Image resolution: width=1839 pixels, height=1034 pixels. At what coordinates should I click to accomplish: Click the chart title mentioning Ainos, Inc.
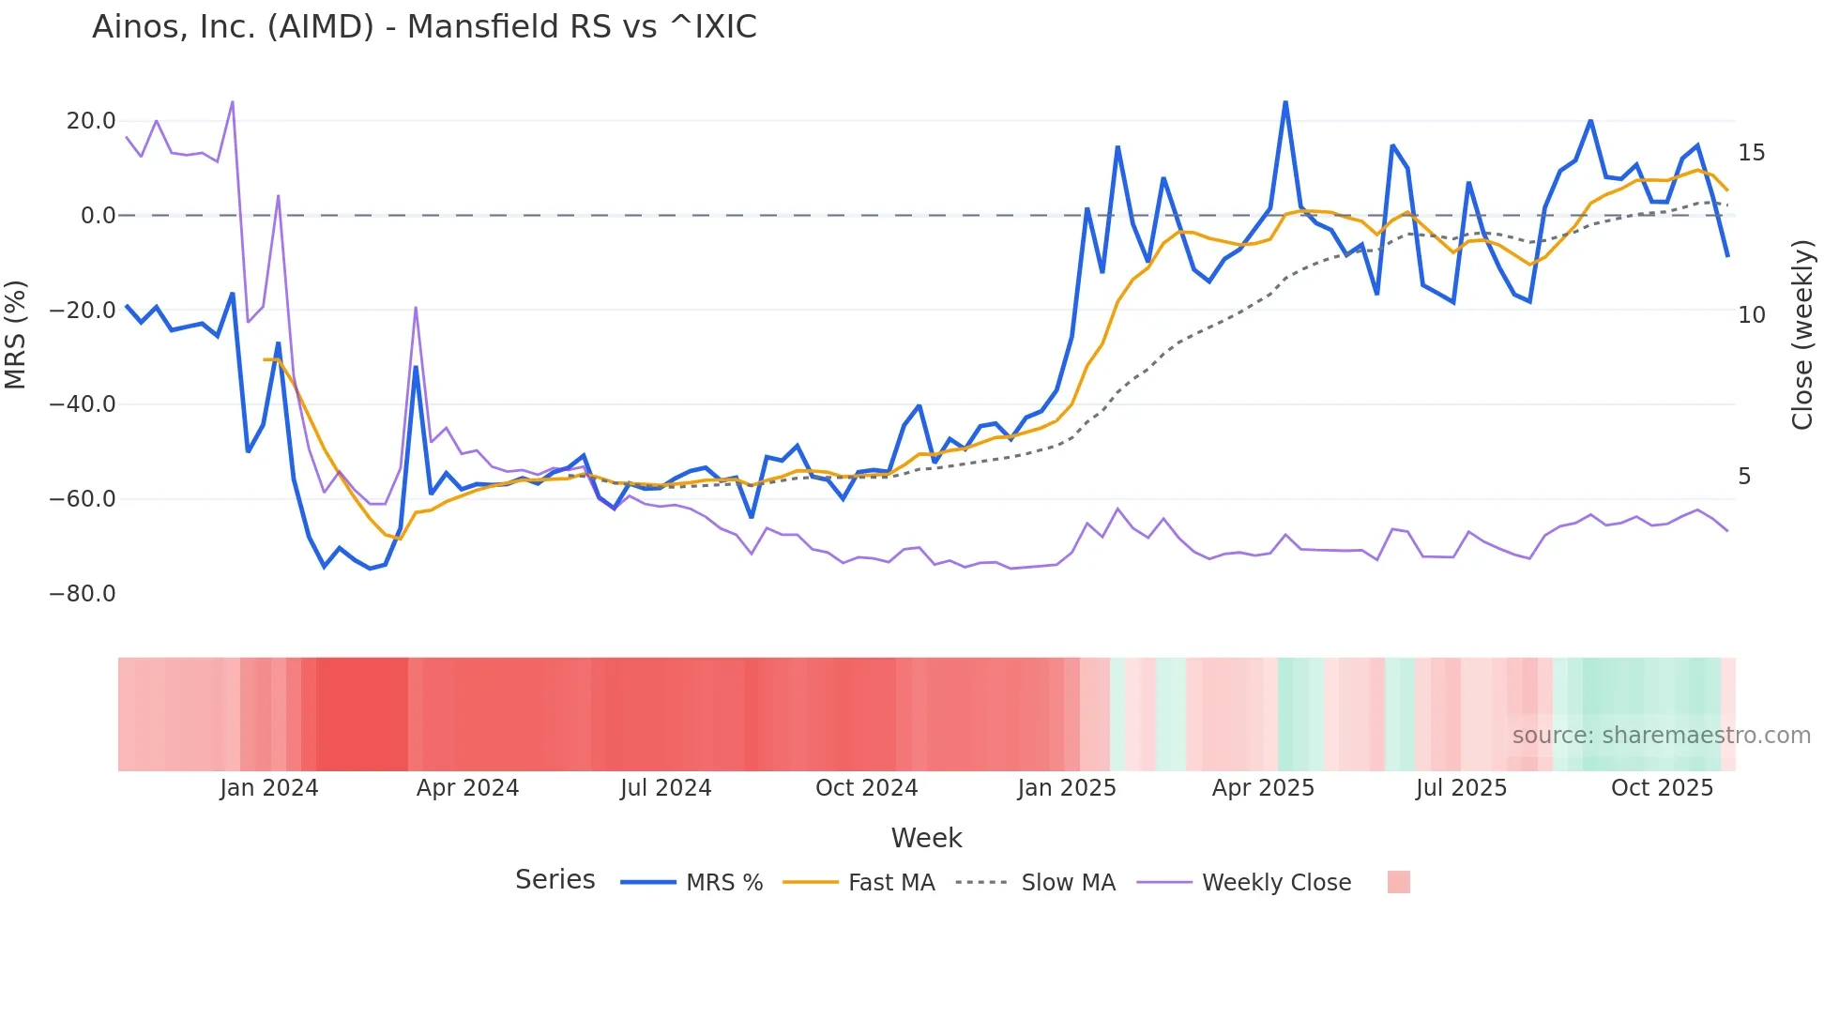coord(424,27)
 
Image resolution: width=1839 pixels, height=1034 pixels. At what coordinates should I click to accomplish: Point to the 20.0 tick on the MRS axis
coord(91,121)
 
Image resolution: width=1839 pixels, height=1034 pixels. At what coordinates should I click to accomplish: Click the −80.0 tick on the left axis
coord(83,594)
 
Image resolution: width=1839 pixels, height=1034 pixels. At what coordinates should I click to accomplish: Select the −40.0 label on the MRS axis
coord(83,404)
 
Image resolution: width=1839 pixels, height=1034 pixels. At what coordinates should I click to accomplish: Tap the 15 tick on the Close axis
coord(1751,153)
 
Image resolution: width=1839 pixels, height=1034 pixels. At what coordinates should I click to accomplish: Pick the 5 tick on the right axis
coord(1744,477)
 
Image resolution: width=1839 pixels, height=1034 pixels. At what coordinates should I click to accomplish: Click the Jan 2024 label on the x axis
coord(269,788)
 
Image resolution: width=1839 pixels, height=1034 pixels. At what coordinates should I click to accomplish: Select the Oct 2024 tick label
coord(866,788)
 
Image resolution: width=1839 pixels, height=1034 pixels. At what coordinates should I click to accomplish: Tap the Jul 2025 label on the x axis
coord(1461,788)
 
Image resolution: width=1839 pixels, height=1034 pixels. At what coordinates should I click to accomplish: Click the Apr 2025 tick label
coord(1263,788)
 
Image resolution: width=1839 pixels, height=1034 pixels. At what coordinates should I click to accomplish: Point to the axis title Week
coord(926,838)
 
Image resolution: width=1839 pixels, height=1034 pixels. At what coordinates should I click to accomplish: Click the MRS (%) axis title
coord(16,334)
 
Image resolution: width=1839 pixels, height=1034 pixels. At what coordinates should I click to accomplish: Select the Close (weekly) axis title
coord(1802,335)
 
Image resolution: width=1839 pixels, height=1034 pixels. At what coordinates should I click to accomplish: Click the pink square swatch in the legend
coord(1398,882)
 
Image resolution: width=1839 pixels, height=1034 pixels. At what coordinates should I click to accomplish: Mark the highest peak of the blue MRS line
coord(1285,102)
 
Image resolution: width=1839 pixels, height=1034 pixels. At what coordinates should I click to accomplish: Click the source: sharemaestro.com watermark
coord(1661,736)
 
